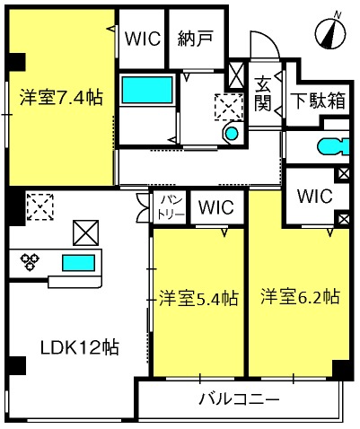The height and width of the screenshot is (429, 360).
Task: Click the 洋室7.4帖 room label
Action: pyautogui.click(x=60, y=100)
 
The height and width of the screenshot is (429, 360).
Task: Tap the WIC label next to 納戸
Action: pyautogui.click(x=142, y=39)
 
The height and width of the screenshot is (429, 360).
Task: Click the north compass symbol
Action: pyautogui.click(x=330, y=34)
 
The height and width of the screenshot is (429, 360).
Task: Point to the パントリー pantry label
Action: pyautogui.click(x=171, y=209)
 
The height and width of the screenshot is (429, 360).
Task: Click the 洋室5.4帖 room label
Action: pyautogui.click(x=198, y=296)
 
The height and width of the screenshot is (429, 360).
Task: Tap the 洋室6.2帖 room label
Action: pyautogui.click(x=300, y=295)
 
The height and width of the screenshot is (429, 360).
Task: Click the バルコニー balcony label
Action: pyautogui.click(x=239, y=398)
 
